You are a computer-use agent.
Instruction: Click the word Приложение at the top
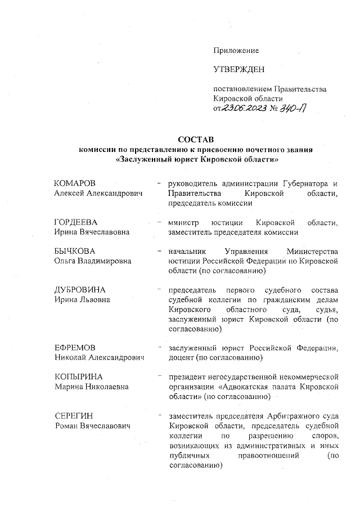pyautogui.click(x=236, y=51)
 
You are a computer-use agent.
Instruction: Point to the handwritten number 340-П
pyautogui.click(x=291, y=109)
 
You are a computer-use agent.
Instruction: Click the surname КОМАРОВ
pyautogui.click(x=75, y=184)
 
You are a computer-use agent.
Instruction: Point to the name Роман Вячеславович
pyautogui.click(x=92, y=425)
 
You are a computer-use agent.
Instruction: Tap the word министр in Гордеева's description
pyautogui.click(x=184, y=222)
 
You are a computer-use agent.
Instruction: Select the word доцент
pyautogui.click(x=181, y=357)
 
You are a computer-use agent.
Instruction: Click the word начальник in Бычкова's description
pyautogui.click(x=187, y=250)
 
